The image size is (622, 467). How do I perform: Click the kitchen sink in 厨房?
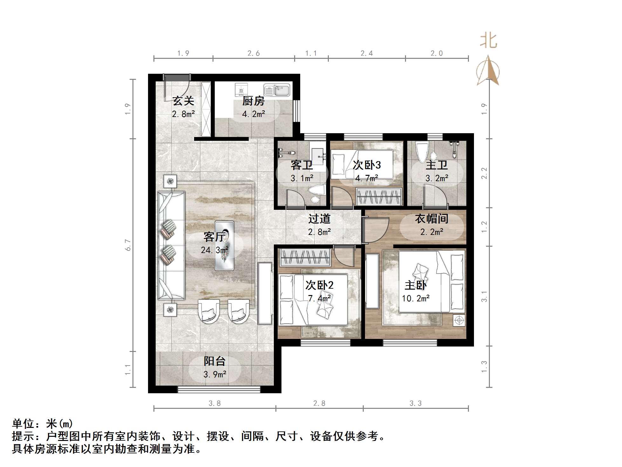[x=277, y=90]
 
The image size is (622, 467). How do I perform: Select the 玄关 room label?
[x=183, y=101]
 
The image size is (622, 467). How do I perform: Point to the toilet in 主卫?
[x=422, y=152]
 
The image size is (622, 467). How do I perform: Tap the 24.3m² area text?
[x=215, y=250]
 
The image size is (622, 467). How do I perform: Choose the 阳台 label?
[x=215, y=361]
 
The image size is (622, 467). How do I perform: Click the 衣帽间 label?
[x=431, y=219]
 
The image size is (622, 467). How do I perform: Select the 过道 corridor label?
[x=319, y=219]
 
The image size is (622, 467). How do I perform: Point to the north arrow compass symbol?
[x=488, y=71]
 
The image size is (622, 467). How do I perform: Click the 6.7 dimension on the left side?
[x=128, y=245]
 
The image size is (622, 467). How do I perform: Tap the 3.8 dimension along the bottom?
[x=215, y=403]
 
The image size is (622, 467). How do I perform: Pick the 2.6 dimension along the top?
[x=254, y=53]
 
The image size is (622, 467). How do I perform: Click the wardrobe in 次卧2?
[x=305, y=258]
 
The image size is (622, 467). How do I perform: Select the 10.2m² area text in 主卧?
[x=416, y=299]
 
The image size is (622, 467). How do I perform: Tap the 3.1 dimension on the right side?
[x=484, y=296]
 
